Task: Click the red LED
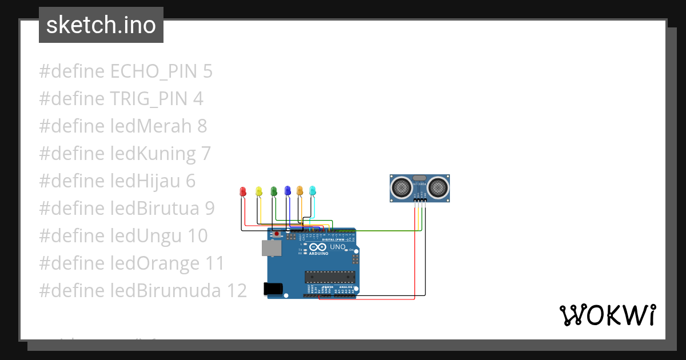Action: pos(243,191)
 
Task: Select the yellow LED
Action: pos(259,191)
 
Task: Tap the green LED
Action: pos(273,191)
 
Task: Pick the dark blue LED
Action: pos(288,191)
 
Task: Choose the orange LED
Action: pos(300,191)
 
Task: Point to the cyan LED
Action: pos(312,190)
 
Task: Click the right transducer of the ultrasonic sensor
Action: pos(438,186)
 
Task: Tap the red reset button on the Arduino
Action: pos(277,234)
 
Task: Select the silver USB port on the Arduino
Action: pos(271,247)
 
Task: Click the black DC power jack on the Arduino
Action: pos(273,289)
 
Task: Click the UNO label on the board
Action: pos(338,247)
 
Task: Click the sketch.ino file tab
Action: pos(101,25)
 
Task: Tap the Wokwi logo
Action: pos(607,315)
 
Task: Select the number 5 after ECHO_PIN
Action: pos(207,71)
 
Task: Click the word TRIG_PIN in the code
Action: pos(148,99)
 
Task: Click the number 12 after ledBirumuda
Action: pos(236,291)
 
